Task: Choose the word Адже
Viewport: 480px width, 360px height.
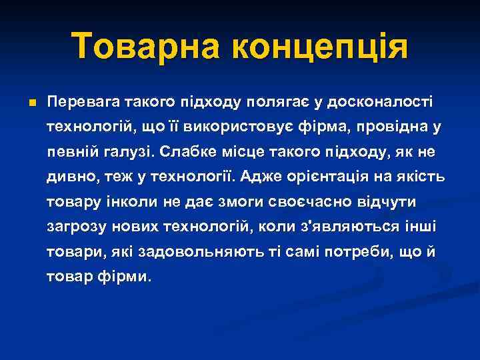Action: coord(261,176)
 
